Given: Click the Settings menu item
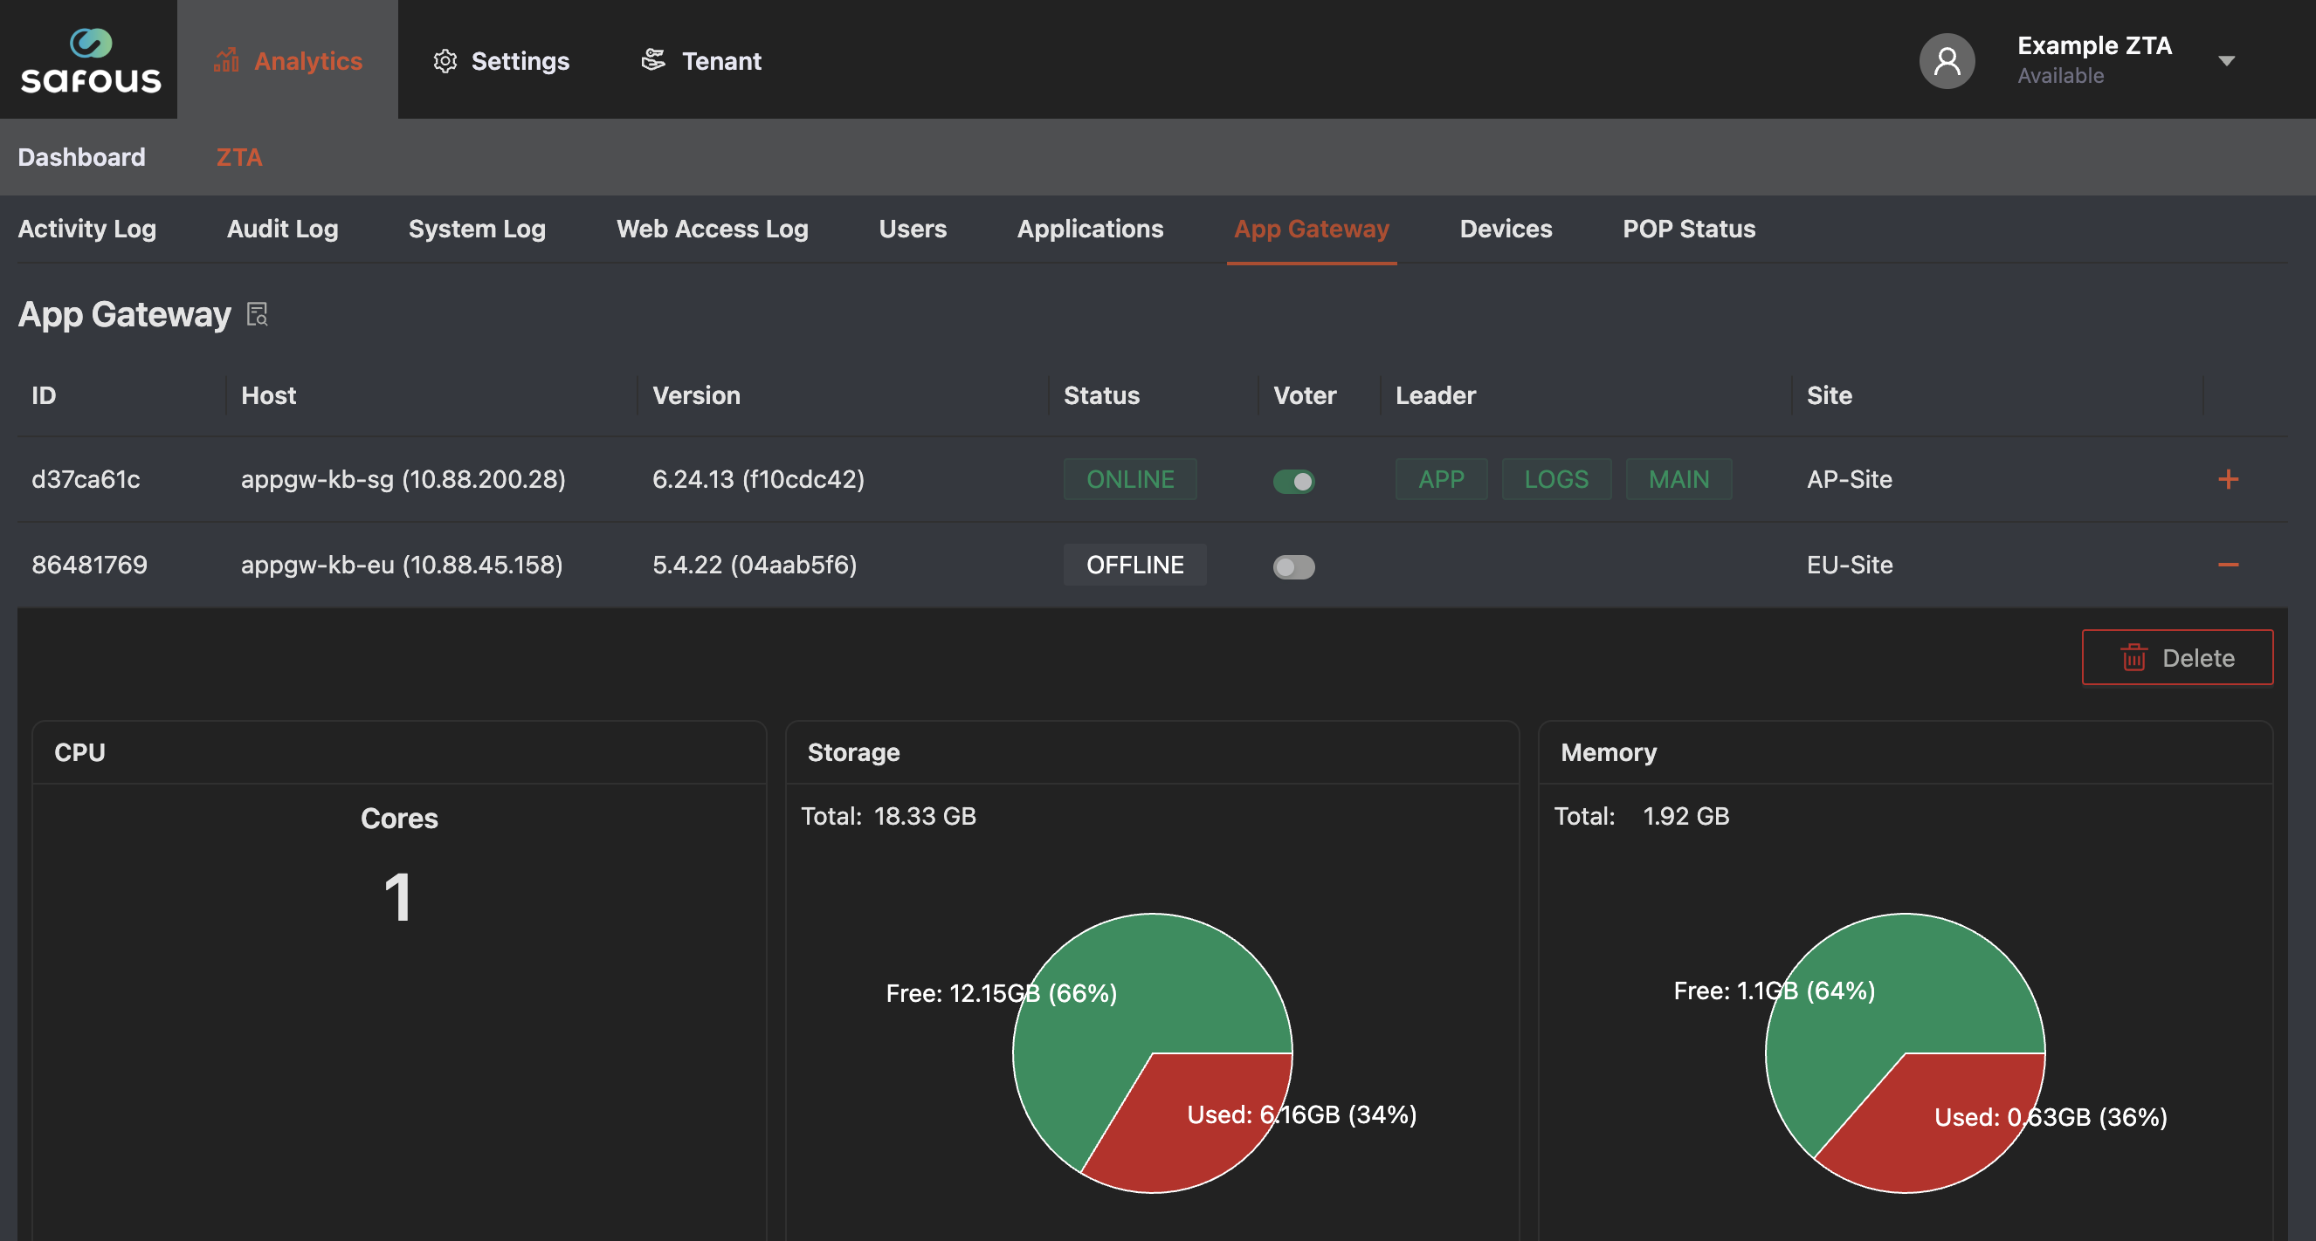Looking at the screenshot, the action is [x=500, y=60].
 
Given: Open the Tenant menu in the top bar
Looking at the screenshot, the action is [x=701, y=60].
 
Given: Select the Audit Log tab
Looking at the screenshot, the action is [x=282, y=229].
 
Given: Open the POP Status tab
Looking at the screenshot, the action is [x=1688, y=229].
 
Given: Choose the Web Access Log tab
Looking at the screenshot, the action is [x=712, y=229].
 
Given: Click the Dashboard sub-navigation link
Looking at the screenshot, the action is [x=82, y=157].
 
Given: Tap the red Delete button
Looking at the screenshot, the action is [x=2176, y=657].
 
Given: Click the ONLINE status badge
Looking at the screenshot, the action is [x=1130, y=479].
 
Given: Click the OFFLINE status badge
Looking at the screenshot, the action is [x=1134, y=565].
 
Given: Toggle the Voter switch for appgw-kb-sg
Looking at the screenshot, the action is [x=1293, y=481].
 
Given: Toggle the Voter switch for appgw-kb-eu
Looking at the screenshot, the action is [x=1293, y=566].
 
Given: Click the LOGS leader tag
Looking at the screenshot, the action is [x=1556, y=479].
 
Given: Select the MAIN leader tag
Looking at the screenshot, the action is [x=1678, y=479].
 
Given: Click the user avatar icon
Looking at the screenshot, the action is [x=1947, y=60].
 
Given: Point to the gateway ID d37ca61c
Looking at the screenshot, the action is [x=86, y=479].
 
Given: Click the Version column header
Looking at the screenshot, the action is [x=696, y=395].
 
